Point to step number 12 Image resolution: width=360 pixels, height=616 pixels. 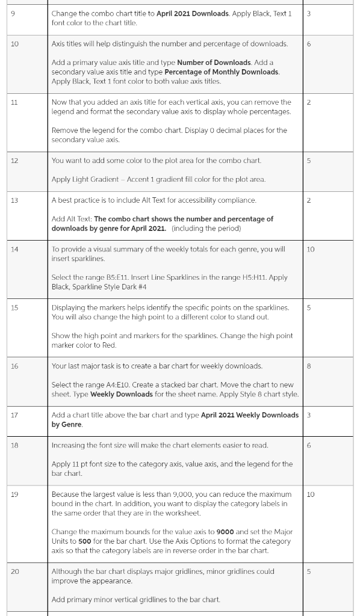[14, 161]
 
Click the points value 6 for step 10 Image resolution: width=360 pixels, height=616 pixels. [309, 43]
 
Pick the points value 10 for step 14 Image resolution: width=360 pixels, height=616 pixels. [311, 248]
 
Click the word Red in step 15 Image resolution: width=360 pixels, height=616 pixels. [109, 345]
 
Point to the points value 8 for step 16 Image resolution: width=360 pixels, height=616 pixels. [309, 366]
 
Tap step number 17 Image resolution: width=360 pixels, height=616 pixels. [14, 415]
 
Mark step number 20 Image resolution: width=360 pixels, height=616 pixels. [14, 571]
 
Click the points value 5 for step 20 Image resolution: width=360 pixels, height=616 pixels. [309, 571]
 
